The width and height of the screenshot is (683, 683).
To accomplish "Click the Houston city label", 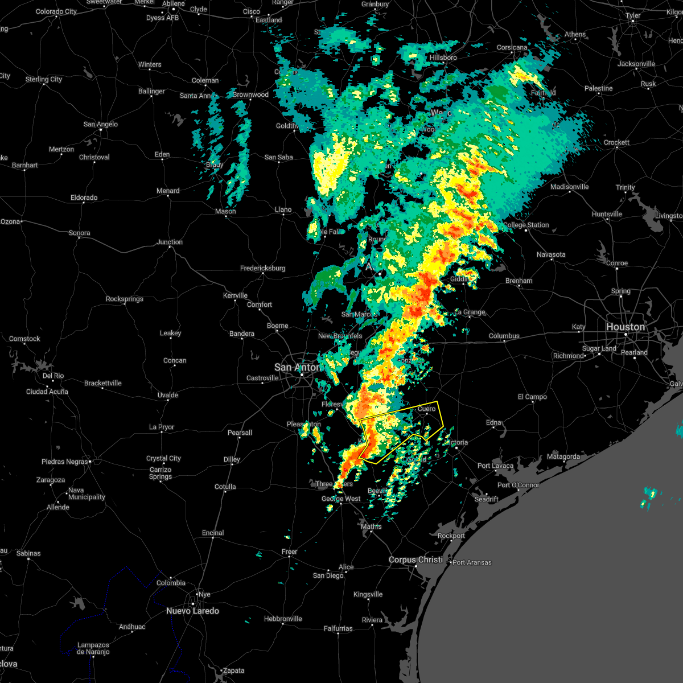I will (625, 327).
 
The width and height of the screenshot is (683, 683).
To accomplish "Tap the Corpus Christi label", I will (415, 559).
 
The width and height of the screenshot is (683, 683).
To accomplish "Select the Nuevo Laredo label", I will (192, 611).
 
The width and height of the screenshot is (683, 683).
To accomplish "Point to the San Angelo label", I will (101, 124).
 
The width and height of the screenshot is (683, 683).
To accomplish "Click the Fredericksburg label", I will (262, 268).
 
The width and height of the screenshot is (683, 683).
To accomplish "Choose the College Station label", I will (526, 225).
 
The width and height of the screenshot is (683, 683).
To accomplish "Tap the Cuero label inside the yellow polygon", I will (427, 409).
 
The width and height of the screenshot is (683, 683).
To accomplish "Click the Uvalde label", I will (168, 395).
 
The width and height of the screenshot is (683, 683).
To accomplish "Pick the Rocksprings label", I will (125, 299).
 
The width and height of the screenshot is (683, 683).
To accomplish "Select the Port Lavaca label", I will (495, 466).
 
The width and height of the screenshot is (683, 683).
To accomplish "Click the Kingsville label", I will (368, 594).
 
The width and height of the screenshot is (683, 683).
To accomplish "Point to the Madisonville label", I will (569, 187).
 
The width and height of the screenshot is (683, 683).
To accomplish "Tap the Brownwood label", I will (250, 94).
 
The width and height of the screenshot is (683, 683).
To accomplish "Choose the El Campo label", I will (532, 397).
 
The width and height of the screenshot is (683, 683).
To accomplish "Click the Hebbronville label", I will (283, 619).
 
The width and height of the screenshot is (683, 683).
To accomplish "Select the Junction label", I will (170, 242).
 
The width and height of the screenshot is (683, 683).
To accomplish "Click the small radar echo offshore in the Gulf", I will (649, 496).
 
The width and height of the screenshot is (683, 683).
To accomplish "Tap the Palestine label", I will (598, 88).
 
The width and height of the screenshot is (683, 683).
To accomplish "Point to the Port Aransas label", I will (471, 562).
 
